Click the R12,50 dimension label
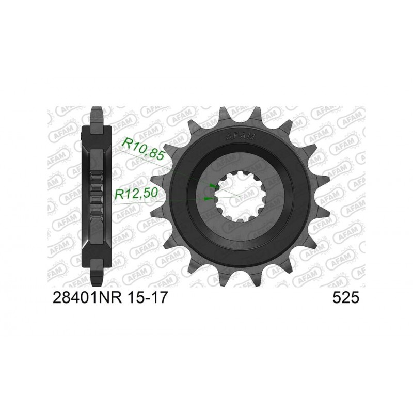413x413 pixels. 136,194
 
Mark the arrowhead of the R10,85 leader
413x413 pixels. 213,185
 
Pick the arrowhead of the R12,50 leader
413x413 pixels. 208,197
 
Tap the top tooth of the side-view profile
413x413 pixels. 96,114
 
